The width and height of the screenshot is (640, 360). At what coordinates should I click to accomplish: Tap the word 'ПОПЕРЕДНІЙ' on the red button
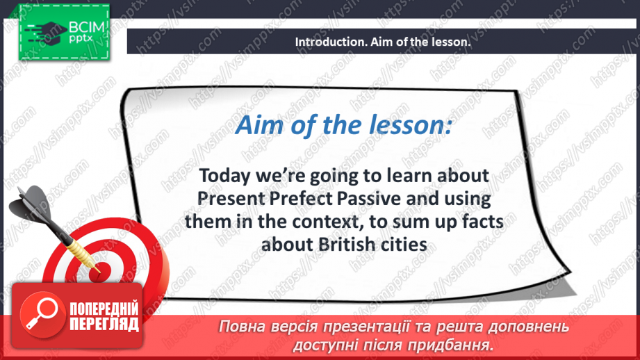point(103,309)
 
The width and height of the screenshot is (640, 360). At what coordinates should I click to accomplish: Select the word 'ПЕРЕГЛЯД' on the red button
point(103,324)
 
